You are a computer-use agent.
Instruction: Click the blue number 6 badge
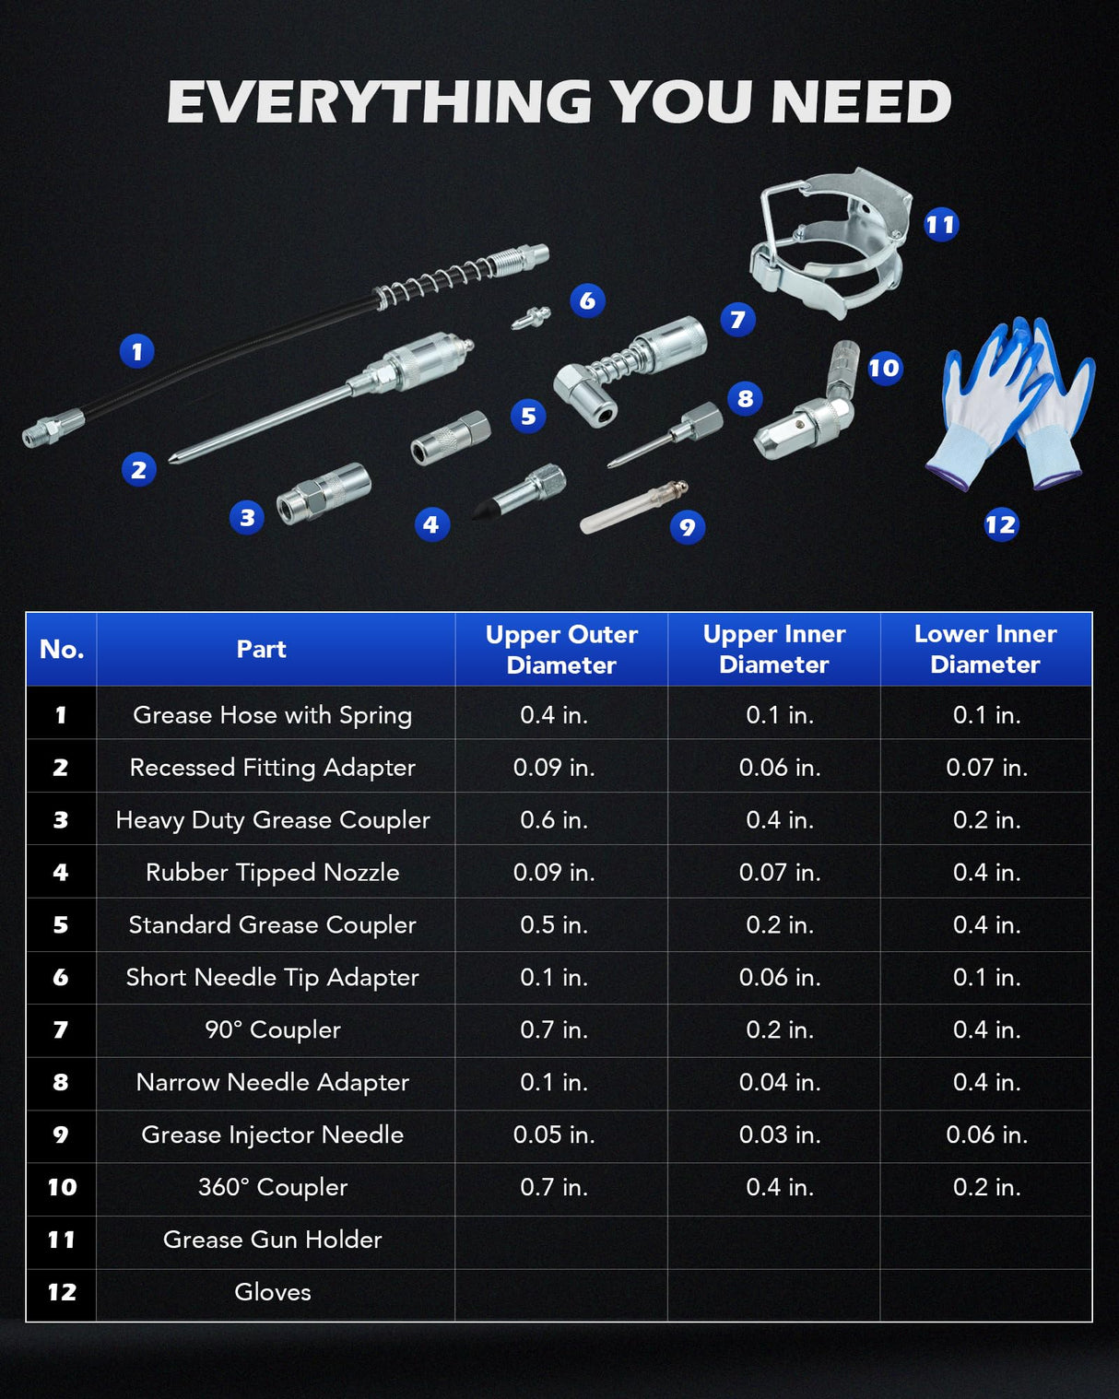[x=587, y=300]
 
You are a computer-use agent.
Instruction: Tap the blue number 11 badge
[x=941, y=225]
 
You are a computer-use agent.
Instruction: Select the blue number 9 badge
[x=688, y=526]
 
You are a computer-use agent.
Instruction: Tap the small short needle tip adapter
[x=531, y=318]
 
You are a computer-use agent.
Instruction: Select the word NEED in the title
[x=860, y=101]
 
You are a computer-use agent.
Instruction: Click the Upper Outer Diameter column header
[x=561, y=650]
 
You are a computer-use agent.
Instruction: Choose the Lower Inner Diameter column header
[x=985, y=649]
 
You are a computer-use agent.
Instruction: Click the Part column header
[x=261, y=649]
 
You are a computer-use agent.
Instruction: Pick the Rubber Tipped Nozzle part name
[x=273, y=873]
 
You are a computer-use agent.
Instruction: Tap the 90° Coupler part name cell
[x=273, y=1029]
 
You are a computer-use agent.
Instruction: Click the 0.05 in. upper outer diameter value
[x=554, y=1134]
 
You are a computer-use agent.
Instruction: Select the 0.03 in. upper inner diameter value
[x=780, y=1134]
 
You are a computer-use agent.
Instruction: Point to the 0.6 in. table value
[x=554, y=819]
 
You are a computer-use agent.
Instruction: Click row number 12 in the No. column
[x=62, y=1292]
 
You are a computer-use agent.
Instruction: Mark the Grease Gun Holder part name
[x=273, y=1240]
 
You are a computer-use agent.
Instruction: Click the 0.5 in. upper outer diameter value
[x=554, y=924]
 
